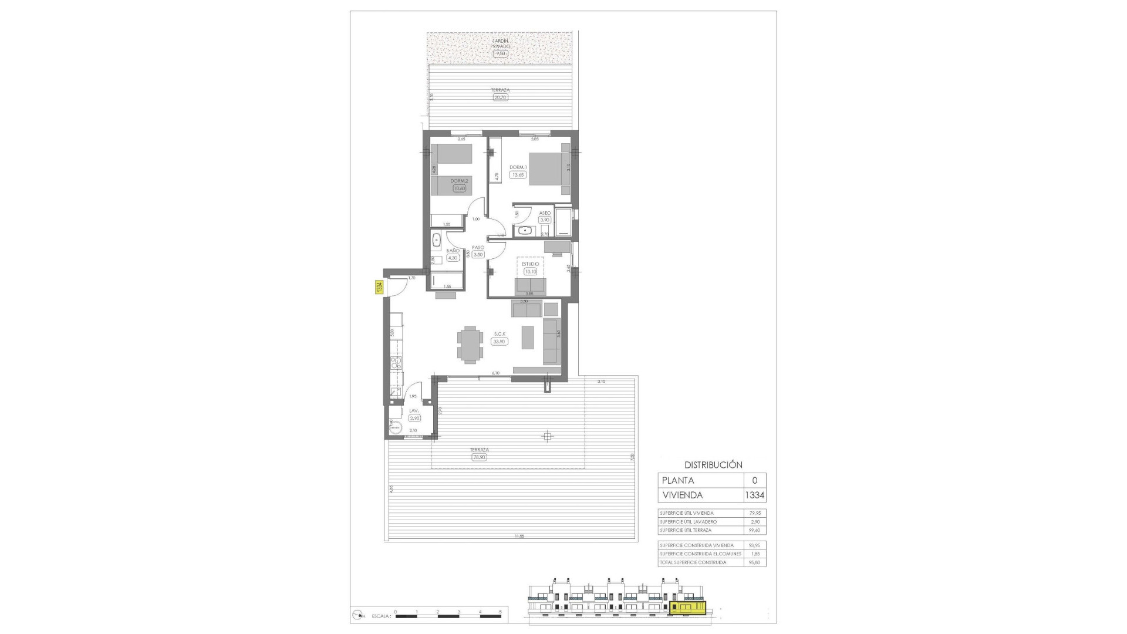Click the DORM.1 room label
click(518, 167)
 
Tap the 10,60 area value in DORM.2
click(459, 188)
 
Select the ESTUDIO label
click(531, 264)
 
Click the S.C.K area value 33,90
click(500, 341)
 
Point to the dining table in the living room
click(471, 343)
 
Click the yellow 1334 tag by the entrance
click(379, 287)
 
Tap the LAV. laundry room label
click(414, 411)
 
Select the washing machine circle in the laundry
click(396, 427)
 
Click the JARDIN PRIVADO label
click(501, 43)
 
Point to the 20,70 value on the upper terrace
click(500, 97)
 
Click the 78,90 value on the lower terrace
click(479, 457)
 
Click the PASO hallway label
click(477, 248)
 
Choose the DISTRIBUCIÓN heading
click(713, 464)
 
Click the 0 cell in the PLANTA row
click(754, 480)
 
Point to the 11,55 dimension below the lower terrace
click(519, 536)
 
